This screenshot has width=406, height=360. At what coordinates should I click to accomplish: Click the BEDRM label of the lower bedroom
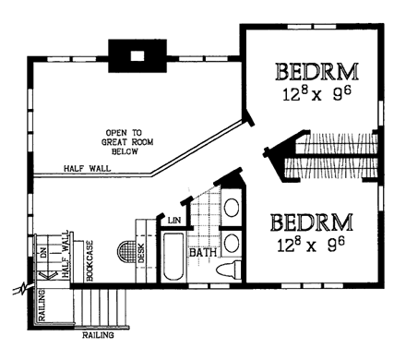pos(312,222)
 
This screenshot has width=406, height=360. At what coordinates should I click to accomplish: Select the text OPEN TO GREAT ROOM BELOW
pos(131,148)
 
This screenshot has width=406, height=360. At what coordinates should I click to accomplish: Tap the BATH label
pos(202,251)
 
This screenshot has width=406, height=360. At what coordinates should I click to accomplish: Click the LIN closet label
pos(173,220)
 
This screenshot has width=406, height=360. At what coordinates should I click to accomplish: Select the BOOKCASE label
pos(90,259)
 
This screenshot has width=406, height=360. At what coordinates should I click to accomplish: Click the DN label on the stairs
pos(42,250)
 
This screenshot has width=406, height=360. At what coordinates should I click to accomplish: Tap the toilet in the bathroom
pos(231,269)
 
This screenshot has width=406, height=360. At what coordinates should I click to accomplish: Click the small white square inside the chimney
pos(137,55)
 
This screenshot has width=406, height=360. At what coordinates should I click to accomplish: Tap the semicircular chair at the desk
pos(126,252)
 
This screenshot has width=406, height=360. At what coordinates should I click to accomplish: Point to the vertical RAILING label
pos(42,306)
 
